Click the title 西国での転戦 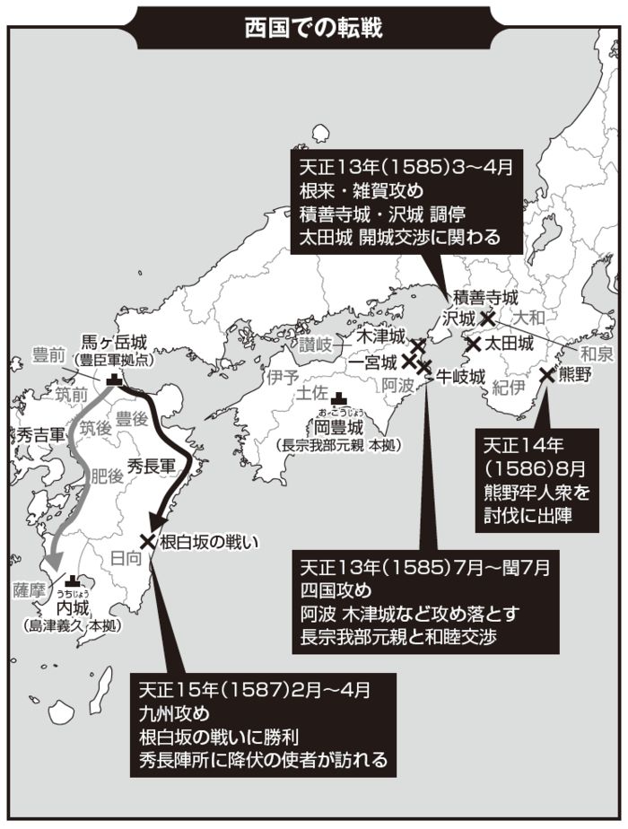[x=314, y=27]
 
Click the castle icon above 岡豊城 [x=338, y=400]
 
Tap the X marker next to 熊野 [x=546, y=375]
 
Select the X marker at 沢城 [x=487, y=318]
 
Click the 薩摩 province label [x=29, y=590]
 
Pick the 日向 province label [x=125, y=559]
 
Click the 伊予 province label [x=282, y=378]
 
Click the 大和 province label [x=528, y=318]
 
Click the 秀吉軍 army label [x=35, y=434]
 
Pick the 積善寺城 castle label [x=485, y=297]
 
